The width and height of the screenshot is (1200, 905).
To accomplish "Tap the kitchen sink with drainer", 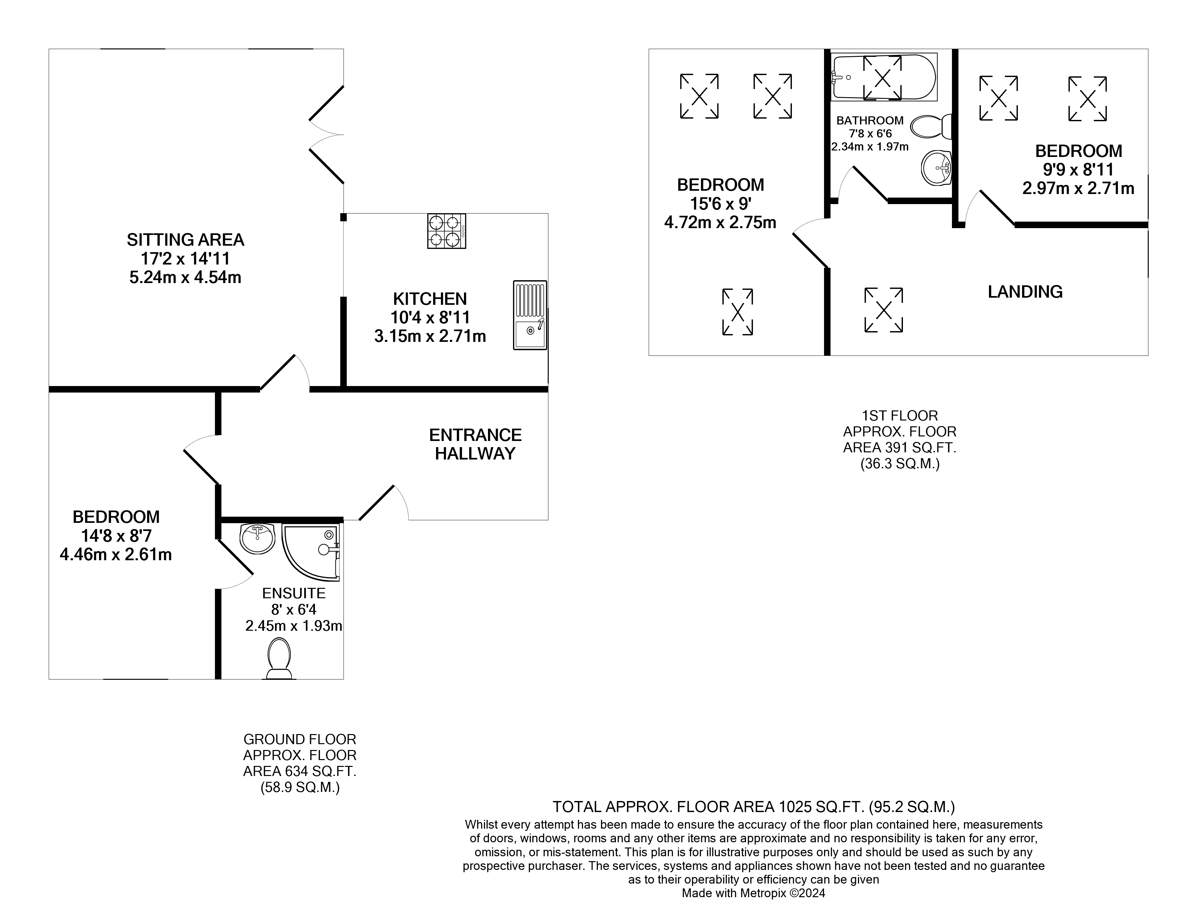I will [x=530, y=315].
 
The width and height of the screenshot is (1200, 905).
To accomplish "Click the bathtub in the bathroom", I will [x=883, y=77].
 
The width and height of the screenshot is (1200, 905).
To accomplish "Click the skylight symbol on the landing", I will [x=883, y=310].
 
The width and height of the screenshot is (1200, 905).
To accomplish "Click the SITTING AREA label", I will [x=185, y=239].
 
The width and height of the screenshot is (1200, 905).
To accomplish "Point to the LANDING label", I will [x=1025, y=292].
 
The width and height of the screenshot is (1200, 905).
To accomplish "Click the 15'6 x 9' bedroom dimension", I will [x=720, y=203].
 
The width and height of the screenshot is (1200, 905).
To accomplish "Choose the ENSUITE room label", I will [x=294, y=593].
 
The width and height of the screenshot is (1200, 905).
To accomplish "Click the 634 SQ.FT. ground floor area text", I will [x=299, y=771].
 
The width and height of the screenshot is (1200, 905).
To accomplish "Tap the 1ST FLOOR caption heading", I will [x=899, y=416].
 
